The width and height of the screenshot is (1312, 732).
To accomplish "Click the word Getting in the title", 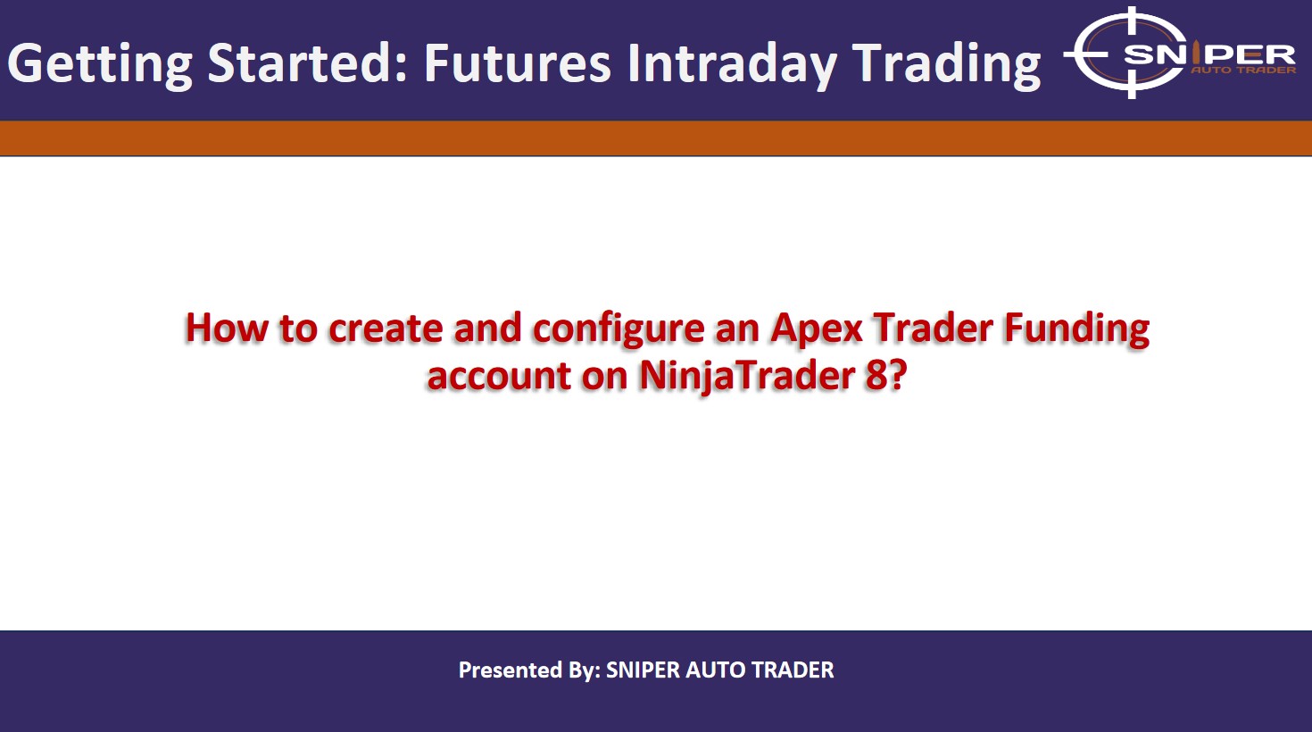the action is (100, 64).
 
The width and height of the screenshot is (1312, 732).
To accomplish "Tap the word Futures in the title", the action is (517, 62).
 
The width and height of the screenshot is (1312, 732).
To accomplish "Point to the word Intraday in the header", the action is (732, 64).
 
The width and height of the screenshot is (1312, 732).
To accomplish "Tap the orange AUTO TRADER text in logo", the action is (1243, 71).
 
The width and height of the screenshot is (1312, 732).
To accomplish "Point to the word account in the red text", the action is (499, 376).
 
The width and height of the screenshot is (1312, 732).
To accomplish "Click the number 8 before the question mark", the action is (876, 375).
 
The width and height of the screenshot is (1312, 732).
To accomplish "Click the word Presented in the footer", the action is (511, 670).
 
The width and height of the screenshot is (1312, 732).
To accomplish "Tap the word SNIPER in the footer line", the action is (643, 670).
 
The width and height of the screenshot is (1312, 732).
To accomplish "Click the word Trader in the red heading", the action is (934, 328).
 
